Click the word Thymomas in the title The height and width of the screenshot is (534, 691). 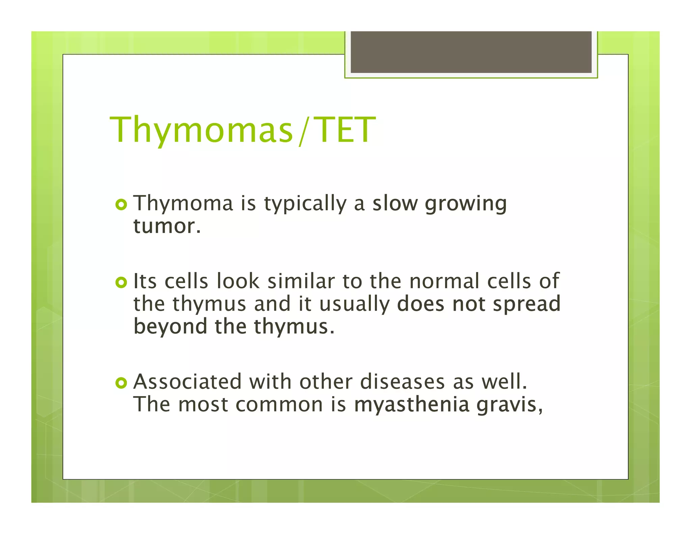pyautogui.click(x=201, y=130)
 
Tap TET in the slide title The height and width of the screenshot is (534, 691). pyautogui.click(x=346, y=130)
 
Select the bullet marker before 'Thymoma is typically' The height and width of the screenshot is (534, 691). pyautogui.click(x=121, y=205)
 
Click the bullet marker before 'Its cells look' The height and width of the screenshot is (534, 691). pyautogui.click(x=121, y=282)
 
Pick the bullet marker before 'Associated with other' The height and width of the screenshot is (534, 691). pyautogui.click(x=121, y=383)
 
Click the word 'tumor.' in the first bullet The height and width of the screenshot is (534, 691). pyautogui.click(x=167, y=226)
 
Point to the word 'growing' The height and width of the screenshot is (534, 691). pyautogui.click(x=466, y=204)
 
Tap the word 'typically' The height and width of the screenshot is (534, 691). pyautogui.click(x=305, y=204)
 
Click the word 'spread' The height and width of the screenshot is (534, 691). pyautogui.click(x=526, y=304)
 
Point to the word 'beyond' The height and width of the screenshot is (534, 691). pyautogui.click(x=170, y=327)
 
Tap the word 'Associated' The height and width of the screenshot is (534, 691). pyautogui.click(x=188, y=382)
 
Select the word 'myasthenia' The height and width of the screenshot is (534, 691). pyautogui.click(x=412, y=405)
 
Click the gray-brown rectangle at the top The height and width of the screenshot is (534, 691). pyautogui.click(x=471, y=52)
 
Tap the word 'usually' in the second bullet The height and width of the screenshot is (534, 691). pyautogui.click(x=354, y=304)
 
